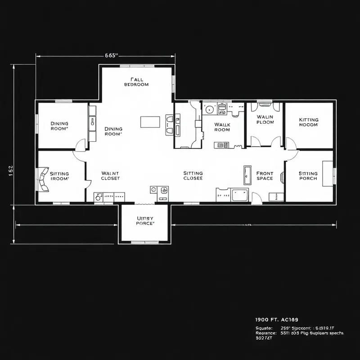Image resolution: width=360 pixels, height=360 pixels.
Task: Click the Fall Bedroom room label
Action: pyautogui.click(x=136, y=81)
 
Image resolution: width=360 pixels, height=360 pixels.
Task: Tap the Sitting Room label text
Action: pyautogui.click(x=59, y=175)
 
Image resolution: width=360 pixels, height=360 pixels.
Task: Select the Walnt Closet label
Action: pyautogui.click(x=110, y=175)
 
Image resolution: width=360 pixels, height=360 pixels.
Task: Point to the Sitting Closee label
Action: pyautogui.click(x=193, y=175)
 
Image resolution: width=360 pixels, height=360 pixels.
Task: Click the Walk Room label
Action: pyautogui.click(x=222, y=127)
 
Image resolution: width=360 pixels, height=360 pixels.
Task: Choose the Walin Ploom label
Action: pyautogui.click(x=265, y=120)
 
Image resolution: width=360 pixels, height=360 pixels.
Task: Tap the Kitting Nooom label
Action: pyautogui.click(x=308, y=122)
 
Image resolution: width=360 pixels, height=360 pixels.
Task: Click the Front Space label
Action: pyautogui.click(x=265, y=175)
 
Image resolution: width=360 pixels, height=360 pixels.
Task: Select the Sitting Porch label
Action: pyautogui.click(x=308, y=175)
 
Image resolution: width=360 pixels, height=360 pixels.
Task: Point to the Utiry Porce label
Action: pyautogui.click(x=145, y=220)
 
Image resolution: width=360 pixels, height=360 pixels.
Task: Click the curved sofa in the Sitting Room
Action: pyautogui.click(x=44, y=180)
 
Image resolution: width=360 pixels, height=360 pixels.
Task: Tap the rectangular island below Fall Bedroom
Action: pyautogui.click(x=150, y=122)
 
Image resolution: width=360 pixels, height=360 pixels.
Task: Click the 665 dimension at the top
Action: pyautogui.click(x=111, y=55)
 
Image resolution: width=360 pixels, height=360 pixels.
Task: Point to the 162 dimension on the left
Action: pyautogui.click(x=11, y=168)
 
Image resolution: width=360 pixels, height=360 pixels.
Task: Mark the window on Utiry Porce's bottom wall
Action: pyautogui.click(x=144, y=242)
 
